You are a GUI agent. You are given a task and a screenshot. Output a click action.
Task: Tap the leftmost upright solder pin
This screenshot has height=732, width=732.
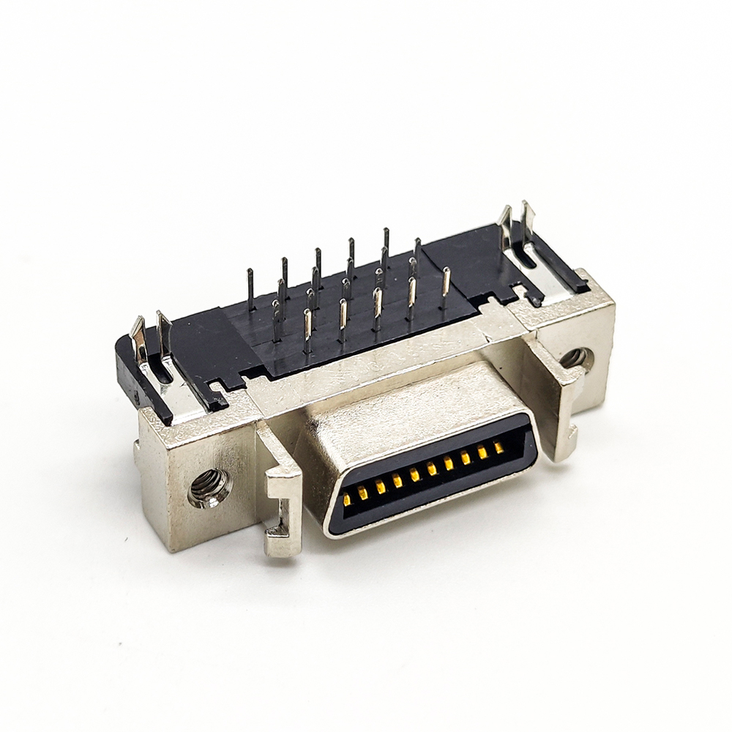point(250,288)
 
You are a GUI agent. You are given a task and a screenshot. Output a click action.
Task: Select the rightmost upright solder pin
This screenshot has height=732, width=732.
point(446,286)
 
